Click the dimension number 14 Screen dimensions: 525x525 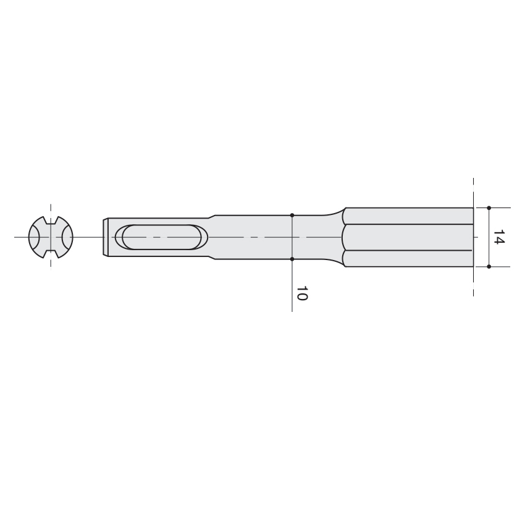tap(499, 237)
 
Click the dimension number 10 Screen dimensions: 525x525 tap(302, 293)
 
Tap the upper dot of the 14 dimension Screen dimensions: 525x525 tap(489, 208)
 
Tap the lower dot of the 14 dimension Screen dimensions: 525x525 tap(489, 267)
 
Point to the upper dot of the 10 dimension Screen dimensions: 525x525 tap(292, 215)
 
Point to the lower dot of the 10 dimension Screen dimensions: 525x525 tap(292, 259)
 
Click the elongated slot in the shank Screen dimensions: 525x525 tap(161, 237)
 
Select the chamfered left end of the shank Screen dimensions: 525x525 tap(106, 237)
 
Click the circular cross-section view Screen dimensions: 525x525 tap(51, 237)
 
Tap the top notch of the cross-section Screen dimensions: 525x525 tap(51, 220)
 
